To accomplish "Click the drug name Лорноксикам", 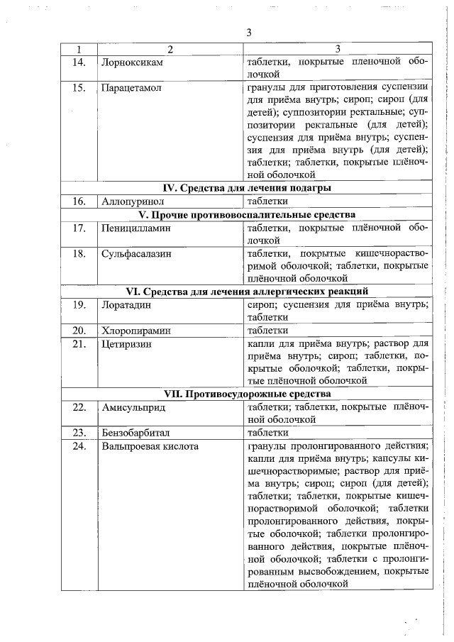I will (133, 62).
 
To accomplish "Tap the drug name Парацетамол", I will (133, 88).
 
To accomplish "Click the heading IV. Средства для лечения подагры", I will (248, 188).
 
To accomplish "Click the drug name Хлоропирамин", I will (135, 330).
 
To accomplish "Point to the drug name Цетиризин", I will (128, 343).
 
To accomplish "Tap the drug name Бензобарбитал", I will (137, 432).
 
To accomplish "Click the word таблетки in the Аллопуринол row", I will (266, 201).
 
